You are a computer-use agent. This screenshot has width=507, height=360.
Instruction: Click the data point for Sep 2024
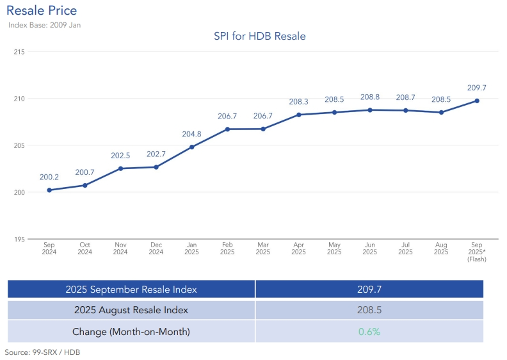49,190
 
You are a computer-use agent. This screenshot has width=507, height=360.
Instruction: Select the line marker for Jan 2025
192,147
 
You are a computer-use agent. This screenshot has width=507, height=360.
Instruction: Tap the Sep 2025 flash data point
477,101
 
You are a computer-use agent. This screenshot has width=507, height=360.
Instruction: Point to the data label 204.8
192,135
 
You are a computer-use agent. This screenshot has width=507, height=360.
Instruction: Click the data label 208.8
370,97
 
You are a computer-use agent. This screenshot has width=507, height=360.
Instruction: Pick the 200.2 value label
49,177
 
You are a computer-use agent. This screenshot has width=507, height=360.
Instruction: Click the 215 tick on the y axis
19,51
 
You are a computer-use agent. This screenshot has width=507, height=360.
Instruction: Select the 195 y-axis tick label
19,239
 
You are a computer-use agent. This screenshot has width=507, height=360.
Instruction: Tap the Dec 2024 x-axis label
156,249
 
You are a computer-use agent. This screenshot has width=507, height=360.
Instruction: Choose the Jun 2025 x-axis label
370,249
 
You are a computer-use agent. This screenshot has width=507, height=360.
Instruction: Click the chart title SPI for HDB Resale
259,37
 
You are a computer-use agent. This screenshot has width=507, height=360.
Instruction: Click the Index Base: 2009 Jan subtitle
44,25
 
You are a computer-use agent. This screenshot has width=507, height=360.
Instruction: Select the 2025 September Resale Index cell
131,289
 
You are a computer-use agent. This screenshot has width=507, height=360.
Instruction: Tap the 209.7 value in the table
369,289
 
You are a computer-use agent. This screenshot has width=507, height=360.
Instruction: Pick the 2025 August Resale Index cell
131,310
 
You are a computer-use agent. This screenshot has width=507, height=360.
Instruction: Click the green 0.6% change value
369,332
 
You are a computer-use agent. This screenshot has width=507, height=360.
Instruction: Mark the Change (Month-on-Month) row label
131,332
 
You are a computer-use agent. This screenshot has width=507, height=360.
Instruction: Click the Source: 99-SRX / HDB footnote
42,352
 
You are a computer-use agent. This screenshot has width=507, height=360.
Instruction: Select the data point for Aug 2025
441,112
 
